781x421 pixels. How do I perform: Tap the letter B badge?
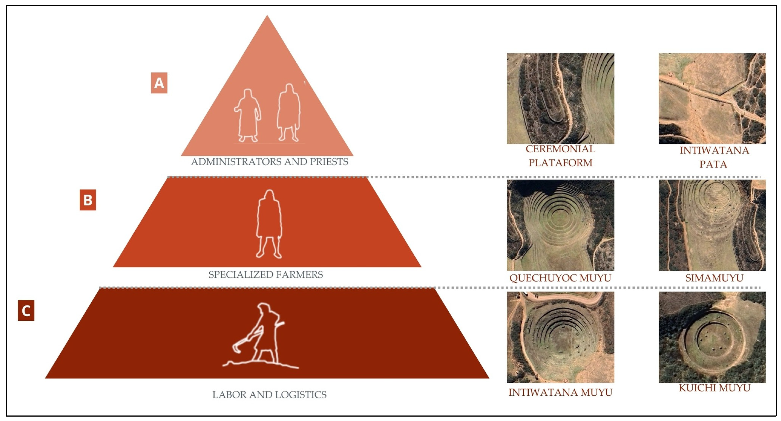88,200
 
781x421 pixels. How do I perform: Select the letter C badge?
26,311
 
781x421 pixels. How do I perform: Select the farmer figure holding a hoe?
261,336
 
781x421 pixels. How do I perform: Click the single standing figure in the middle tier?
269,224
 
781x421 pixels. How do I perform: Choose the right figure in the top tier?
289,113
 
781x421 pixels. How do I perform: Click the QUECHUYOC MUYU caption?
560,278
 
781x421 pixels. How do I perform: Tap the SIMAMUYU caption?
714,278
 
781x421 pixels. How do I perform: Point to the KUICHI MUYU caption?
714,388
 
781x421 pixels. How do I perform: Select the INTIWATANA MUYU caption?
560,393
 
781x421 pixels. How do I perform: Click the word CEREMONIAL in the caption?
560,149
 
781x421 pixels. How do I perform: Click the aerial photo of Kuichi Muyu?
712,337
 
